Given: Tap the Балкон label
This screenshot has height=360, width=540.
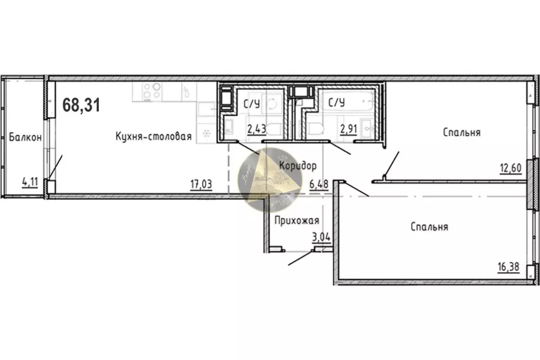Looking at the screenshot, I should click(25, 137).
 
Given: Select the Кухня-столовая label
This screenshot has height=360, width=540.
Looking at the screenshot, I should click(153, 137).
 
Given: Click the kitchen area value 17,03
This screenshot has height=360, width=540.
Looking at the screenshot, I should click(201, 184).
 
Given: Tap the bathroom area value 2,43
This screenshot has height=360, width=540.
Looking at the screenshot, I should click(256, 128).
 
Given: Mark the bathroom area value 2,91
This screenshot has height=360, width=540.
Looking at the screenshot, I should click(349, 128).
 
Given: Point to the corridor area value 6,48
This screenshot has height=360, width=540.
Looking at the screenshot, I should click(319, 184).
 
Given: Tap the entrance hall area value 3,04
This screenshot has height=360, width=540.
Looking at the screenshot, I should click(321, 236).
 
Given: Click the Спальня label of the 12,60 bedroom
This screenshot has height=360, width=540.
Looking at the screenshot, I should click(462, 132).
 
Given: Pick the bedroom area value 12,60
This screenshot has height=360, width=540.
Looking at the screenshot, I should click(510, 169).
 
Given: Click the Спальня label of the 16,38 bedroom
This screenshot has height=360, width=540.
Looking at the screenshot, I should click(429, 227).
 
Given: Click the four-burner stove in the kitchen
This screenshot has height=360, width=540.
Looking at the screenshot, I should click(153, 91).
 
